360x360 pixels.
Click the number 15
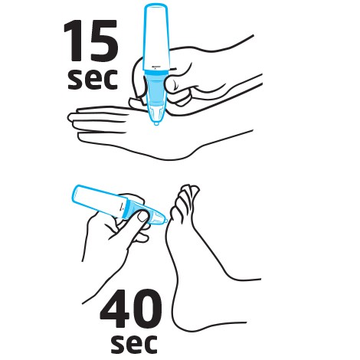[x=91, y=41]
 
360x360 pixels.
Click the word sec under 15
[x=93, y=79]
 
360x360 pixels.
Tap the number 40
[x=131, y=309]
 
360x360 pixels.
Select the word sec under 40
[x=134, y=343]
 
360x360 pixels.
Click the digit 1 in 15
[x=74, y=41]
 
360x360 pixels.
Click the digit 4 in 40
[x=115, y=309]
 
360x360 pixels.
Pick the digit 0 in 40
[x=146, y=309]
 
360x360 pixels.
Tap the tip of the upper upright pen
[x=156, y=124]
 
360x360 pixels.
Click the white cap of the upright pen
[x=156, y=37]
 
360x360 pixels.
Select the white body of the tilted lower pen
[x=99, y=201]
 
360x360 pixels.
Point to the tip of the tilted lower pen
[x=165, y=220]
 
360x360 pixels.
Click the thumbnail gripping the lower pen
[x=143, y=217]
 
